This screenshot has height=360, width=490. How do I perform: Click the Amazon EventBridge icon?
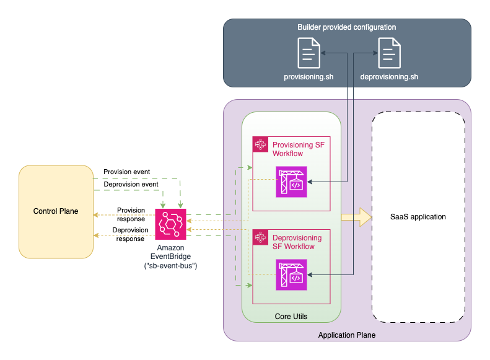tap(170, 224)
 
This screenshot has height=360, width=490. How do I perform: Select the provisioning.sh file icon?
tap(308, 53)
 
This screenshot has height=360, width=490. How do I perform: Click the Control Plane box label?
tap(56, 211)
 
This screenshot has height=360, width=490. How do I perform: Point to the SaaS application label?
tap(418, 217)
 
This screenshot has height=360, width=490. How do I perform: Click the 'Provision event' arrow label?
tap(126, 172)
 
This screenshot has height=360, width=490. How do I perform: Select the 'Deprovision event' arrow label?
tap(131, 184)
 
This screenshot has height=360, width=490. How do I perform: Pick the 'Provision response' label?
tap(131, 214)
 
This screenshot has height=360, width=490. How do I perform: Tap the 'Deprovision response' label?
tap(131, 234)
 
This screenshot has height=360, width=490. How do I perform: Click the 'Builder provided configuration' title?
tap(346, 27)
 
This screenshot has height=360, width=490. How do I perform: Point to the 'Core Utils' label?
tap(291, 317)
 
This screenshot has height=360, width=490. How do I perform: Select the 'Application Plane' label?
tap(346, 335)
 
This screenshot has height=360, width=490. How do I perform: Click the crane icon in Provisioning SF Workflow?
tap(291, 182)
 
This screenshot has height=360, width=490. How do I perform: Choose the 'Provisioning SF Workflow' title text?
tap(298, 149)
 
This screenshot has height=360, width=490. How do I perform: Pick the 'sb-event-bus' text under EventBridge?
tap(170, 266)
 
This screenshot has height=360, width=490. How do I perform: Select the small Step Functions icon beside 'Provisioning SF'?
tap(261, 144)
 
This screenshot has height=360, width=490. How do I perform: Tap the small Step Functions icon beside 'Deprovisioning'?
tap(261, 238)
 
